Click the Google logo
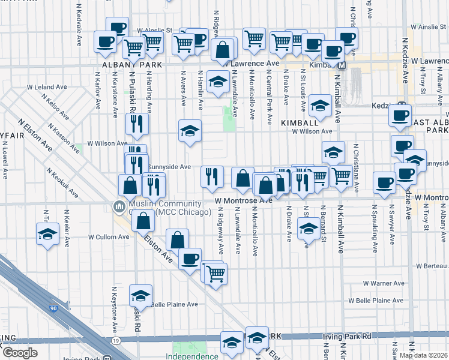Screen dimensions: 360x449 tap(20, 353)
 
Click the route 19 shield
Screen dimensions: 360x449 tap(114, 340)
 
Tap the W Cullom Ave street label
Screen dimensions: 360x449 tap(109, 237)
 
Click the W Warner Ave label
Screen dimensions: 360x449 tap(384, 283)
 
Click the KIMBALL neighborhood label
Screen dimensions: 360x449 tap(295, 122)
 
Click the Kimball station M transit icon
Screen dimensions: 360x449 tap(342, 65)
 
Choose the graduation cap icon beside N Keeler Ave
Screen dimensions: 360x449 tap(47, 235)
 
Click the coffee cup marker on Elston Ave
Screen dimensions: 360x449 tap(190, 259)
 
